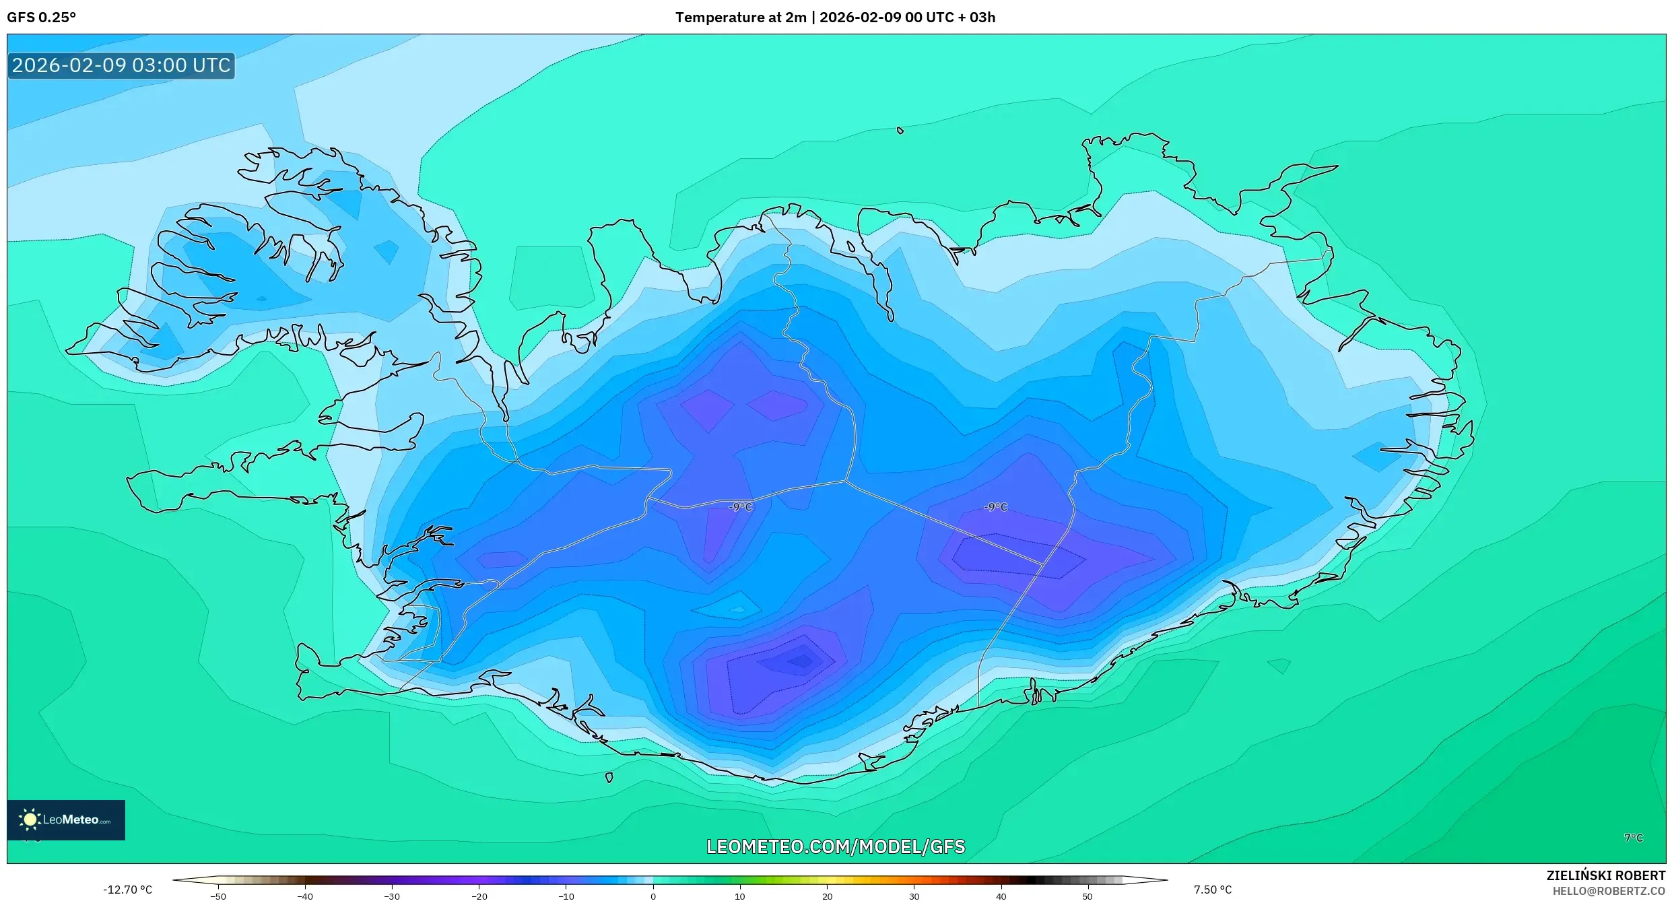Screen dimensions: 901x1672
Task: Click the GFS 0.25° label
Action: pos(41,18)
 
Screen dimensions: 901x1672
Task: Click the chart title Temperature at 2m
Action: pos(741,18)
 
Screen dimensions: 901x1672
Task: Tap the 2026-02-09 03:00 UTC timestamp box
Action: pos(121,66)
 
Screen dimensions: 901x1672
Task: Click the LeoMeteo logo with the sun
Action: pos(65,820)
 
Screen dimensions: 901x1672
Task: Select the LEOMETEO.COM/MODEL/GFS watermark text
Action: pos(835,846)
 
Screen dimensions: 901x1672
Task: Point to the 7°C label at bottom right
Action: pos(1634,838)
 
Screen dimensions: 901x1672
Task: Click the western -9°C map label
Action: pos(740,507)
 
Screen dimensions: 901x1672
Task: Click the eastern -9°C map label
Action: pos(995,507)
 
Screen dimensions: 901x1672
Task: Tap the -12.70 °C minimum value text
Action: pos(127,890)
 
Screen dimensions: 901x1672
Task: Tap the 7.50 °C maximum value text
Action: pos(1212,890)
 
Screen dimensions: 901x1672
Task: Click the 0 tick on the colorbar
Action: pos(653,896)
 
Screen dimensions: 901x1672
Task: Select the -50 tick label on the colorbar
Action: pos(218,896)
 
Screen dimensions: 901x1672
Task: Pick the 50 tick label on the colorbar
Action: pos(1087,896)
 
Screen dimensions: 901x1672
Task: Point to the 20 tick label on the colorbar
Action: pos(827,896)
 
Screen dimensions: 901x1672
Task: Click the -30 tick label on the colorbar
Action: pos(392,896)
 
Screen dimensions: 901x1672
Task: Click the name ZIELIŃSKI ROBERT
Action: pos(1605,875)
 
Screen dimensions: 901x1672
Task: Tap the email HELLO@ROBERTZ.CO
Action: pos(1608,891)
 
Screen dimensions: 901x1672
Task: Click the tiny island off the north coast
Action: pos(900,131)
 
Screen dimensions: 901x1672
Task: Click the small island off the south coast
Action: pos(609,777)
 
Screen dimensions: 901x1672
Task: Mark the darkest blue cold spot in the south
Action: pos(801,661)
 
